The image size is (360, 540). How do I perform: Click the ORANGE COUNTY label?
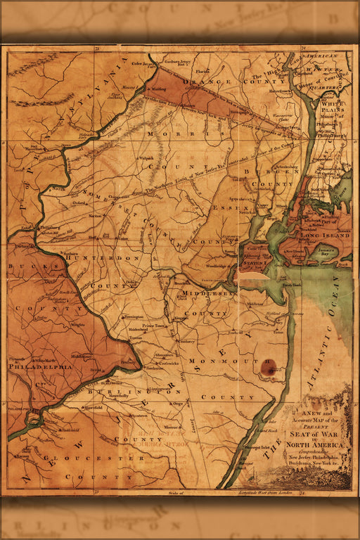tap(217, 82)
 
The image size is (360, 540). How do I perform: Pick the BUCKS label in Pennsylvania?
tap(24, 267)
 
